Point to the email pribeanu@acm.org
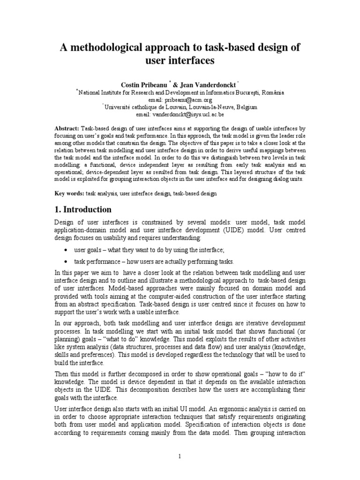point(180,100)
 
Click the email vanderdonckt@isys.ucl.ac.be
point(180,114)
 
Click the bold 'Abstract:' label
point(67,128)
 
